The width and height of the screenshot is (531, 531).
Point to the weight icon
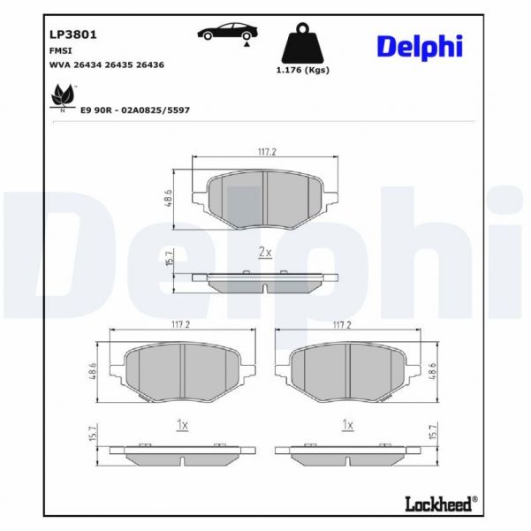(x=300, y=44)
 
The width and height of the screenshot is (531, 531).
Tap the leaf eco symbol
(x=62, y=95)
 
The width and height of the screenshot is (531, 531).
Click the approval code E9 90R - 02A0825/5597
(x=135, y=110)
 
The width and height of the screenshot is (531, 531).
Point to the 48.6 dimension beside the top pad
(x=168, y=197)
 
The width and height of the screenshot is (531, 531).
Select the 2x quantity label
(x=264, y=252)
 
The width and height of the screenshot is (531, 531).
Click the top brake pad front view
(x=266, y=199)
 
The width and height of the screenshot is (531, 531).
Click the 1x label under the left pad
(x=182, y=425)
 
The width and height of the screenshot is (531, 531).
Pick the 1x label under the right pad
(x=348, y=425)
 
